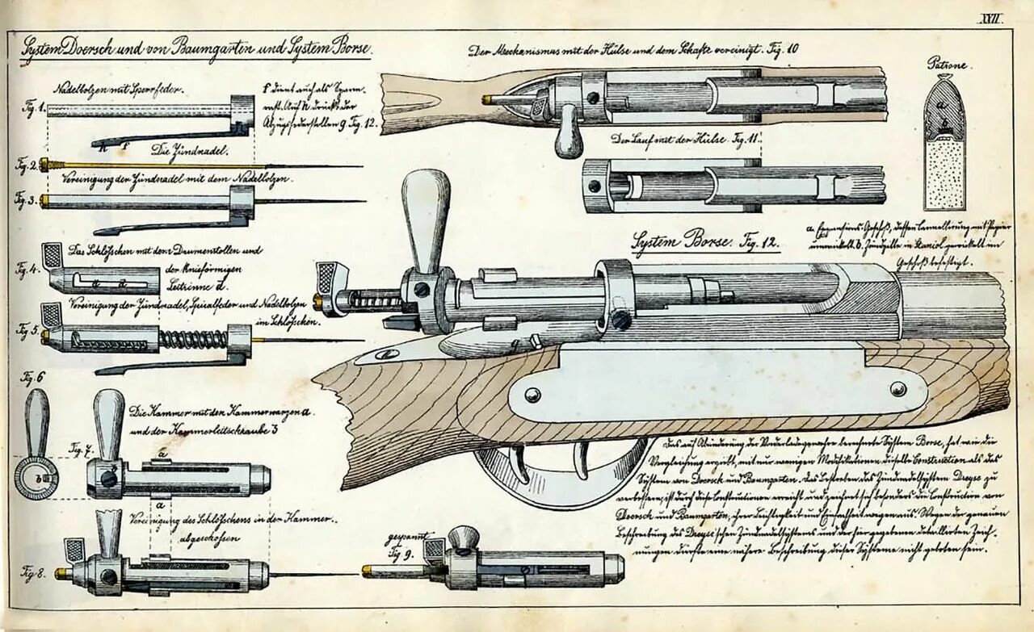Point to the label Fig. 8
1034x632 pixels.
(33, 574)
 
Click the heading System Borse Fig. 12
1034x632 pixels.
(703, 240)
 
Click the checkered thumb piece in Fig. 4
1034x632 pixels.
(52, 256)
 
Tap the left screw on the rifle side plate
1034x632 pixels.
(532, 395)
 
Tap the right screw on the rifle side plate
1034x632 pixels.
(897, 389)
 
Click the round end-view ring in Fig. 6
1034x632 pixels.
(36, 478)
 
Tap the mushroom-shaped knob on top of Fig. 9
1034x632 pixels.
(464, 537)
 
